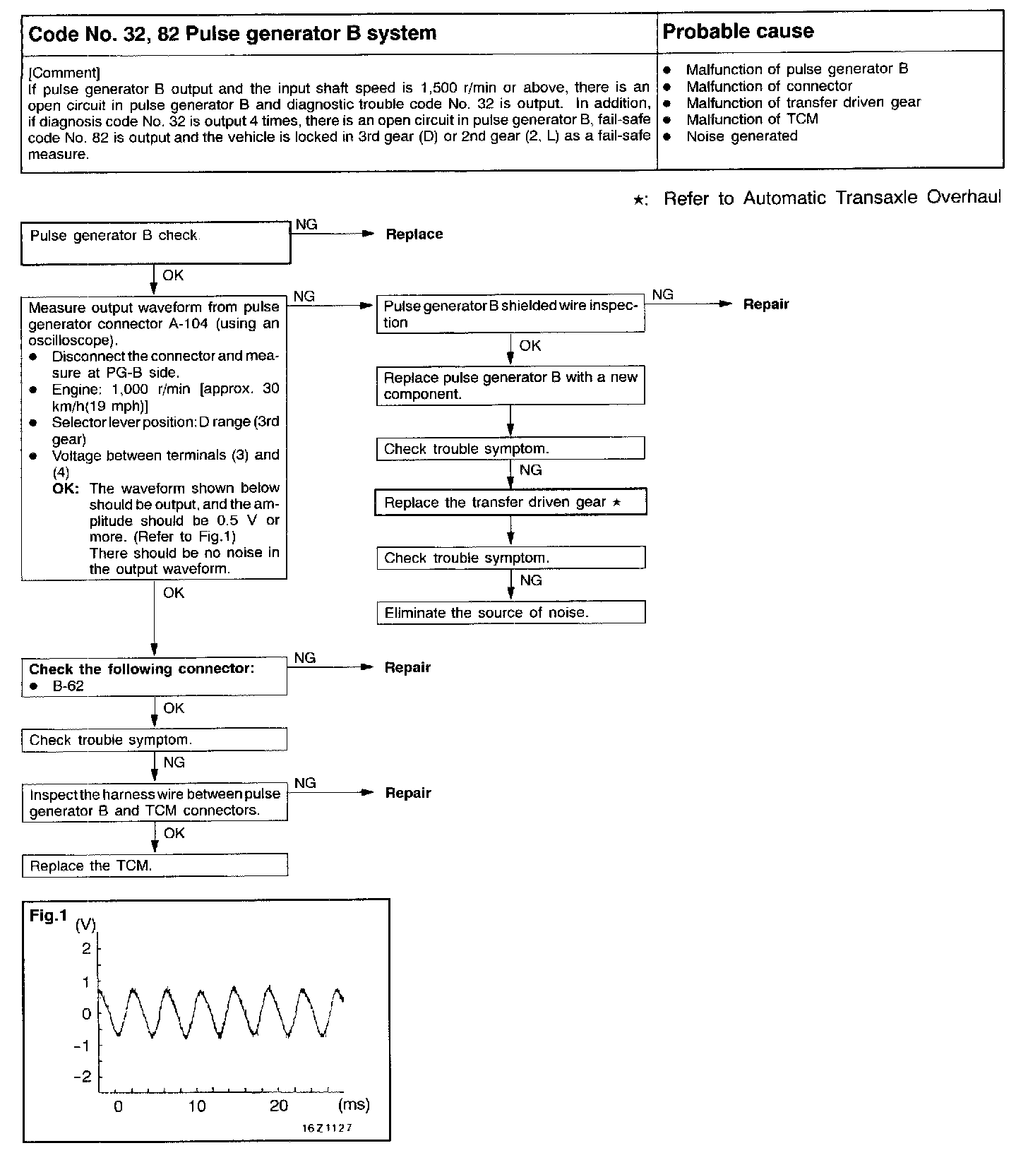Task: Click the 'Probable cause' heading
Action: tap(738, 32)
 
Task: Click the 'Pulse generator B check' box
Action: tap(155, 242)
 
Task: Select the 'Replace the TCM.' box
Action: tap(155, 866)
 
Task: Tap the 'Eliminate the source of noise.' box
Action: tap(511, 612)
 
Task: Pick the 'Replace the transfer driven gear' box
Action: tap(510, 502)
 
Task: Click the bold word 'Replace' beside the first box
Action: tap(414, 234)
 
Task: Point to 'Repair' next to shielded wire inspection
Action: tap(766, 304)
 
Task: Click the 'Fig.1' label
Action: tap(48, 916)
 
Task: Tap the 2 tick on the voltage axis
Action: tap(87, 948)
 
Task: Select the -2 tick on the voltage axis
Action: tap(83, 1077)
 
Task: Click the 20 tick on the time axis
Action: tap(279, 1106)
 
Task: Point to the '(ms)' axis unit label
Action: tap(354, 1104)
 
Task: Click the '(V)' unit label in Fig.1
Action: tap(85, 926)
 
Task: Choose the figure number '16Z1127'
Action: tap(327, 1128)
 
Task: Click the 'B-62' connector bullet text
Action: tap(68, 686)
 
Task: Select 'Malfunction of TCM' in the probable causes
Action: tap(752, 119)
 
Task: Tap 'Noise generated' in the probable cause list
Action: tap(741, 136)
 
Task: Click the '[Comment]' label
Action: tap(64, 73)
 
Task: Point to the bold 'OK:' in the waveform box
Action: tap(66, 489)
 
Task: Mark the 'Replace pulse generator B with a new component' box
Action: tap(510, 385)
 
